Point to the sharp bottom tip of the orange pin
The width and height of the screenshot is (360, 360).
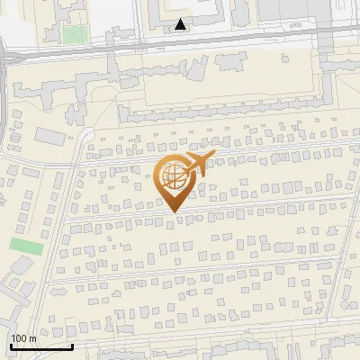click(x=174, y=212)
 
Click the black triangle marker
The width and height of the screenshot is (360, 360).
click(x=182, y=24)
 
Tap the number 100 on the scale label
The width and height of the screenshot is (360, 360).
click(x=19, y=338)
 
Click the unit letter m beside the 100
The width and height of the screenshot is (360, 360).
click(x=32, y=338)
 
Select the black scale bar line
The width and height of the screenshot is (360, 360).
click(x=41, y=346)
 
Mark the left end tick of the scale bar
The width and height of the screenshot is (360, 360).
click(x=11, y=345)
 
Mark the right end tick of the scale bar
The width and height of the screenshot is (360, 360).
click(x=72, y=345)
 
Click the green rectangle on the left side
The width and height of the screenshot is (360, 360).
click(x=27, y=244)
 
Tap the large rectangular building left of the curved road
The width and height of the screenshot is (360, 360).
click(x=50, y=136)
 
